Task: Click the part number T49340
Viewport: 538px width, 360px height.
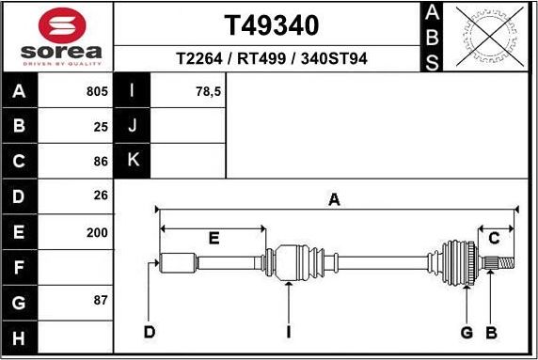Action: tap(271, 24)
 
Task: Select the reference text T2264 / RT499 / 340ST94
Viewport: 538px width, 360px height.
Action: tap(271, 59)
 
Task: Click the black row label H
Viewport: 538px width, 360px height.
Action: tap(20, 337)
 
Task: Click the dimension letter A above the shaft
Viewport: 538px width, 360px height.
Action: tap(333, 199)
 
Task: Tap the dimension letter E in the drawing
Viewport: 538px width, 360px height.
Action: tap(214, 239)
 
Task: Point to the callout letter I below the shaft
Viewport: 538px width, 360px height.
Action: tap(288, 332)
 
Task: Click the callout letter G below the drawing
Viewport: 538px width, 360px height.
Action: tap(467, 332)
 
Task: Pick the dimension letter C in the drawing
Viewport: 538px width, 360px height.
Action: tap(494, 239)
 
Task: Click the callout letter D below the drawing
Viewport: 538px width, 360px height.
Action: tap(149, 332)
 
